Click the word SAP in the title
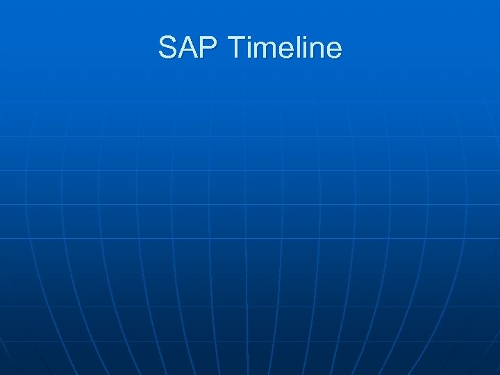pos(188,48)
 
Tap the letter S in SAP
pos(168,48)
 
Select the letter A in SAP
pos(188,48)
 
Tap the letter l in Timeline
pos(295,48)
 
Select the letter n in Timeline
pos(316,51)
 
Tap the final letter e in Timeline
pos(333,51)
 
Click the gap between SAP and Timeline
pos(223,48)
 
